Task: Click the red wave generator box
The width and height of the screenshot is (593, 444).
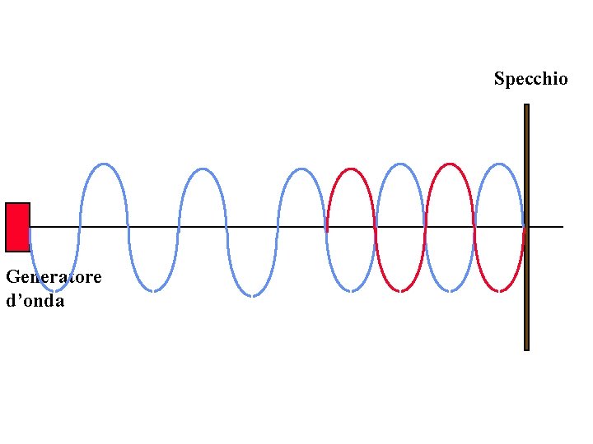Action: (17, 227)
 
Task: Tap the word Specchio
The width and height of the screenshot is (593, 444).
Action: (530, 79)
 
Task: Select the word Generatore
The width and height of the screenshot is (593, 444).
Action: (54, 277)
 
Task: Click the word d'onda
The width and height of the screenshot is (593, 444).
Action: (35, 301)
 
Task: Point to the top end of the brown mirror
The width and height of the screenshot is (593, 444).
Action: (526, 106)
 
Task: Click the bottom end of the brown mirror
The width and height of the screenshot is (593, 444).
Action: (526, 348)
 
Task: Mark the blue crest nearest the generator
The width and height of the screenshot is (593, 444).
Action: (103, 164)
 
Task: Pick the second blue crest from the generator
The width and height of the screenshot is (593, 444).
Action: (203, 169)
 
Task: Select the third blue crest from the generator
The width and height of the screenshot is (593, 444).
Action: (302, 169)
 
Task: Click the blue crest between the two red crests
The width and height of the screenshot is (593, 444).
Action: (401, 164)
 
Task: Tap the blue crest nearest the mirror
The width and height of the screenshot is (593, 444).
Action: (500, 164)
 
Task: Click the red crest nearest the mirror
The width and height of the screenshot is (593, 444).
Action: (450, 164)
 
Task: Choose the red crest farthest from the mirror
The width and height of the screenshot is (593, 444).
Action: (352, 169)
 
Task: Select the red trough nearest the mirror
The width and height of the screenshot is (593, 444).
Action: (500, 290)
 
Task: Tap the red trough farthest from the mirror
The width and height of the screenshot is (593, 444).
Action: (401, 290)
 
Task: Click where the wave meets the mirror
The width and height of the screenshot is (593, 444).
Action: (524, 227)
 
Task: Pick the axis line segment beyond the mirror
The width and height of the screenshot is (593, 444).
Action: (547, 227)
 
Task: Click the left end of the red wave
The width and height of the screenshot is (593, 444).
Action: (328, 227)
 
